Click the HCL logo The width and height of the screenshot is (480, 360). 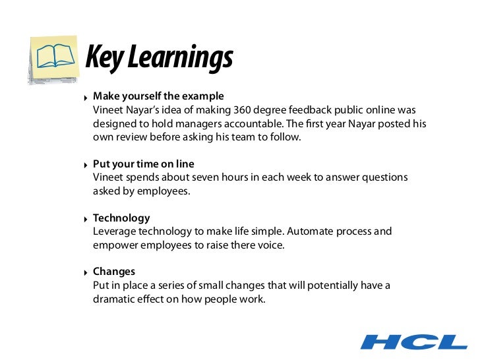pos(414,342)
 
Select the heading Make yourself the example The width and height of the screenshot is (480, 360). pos(158,96)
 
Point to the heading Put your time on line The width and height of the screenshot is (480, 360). pos(144,164)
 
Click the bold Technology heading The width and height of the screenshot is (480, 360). pos(121,218)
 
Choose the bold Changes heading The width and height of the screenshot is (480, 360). pos(114,272)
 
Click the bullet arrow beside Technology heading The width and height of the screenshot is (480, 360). pos(86,219)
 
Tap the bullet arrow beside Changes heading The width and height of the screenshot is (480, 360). pos(86,272)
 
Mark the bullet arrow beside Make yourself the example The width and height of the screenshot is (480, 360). pos(86,97)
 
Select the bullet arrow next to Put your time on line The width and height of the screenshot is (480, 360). pos(86,165)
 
